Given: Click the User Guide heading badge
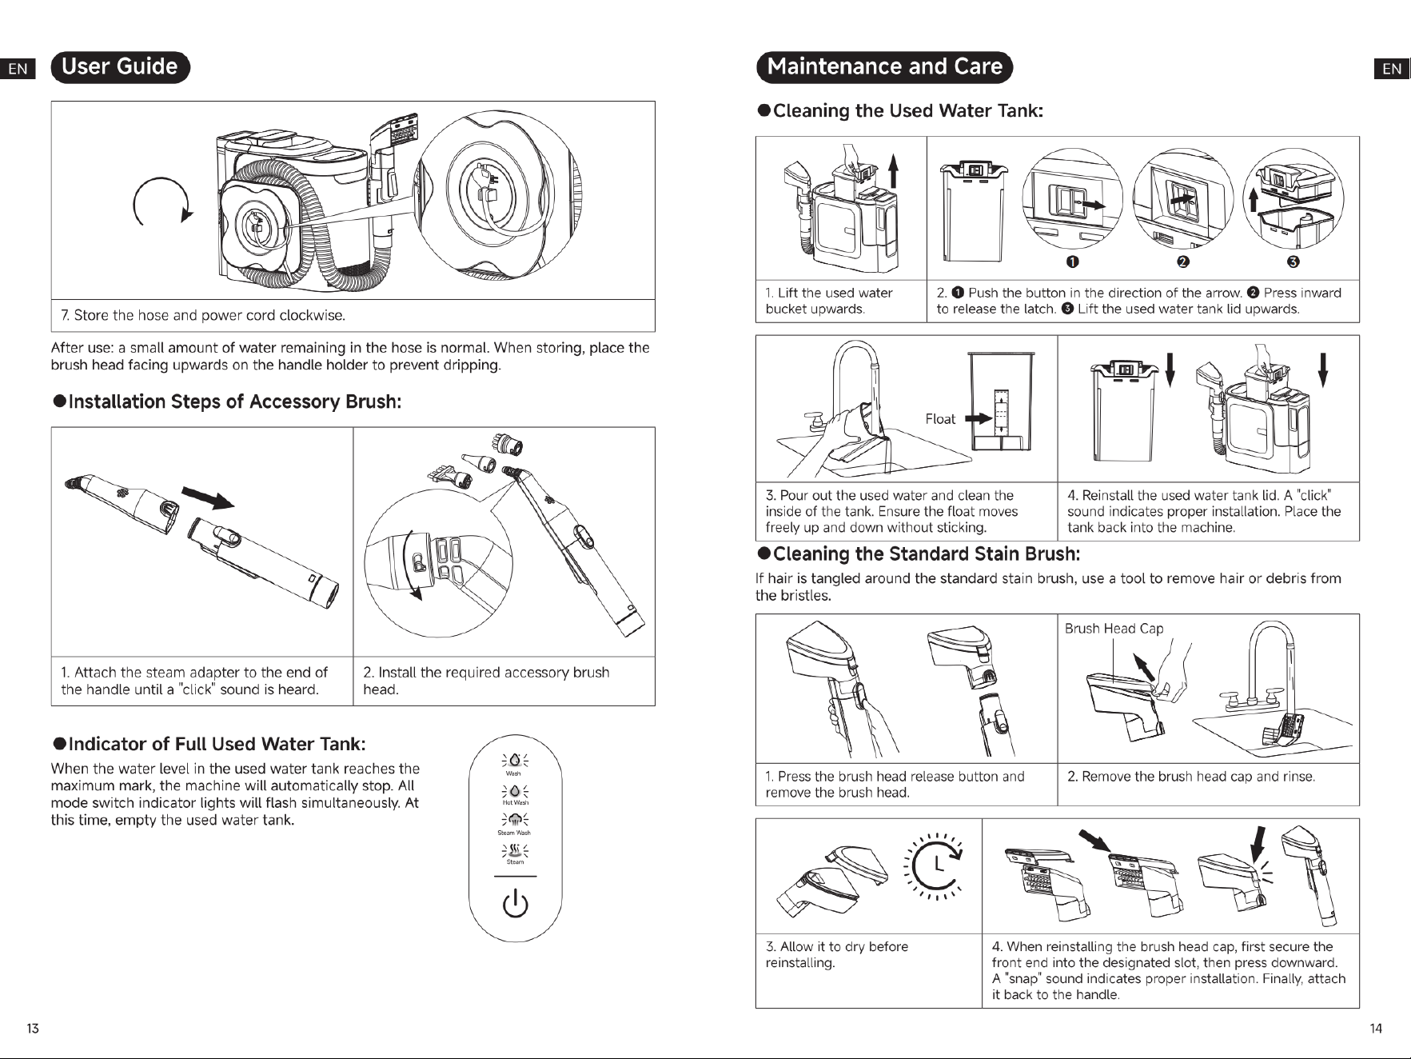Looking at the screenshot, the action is pos(120,67).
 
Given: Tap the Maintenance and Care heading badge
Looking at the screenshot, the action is pos(884,67).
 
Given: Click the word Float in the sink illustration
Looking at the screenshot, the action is pos(940,419).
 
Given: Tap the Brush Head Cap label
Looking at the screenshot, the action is pos(1114,629).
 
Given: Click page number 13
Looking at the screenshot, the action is pos(33,1029).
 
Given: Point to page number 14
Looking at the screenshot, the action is pos(1376,1029).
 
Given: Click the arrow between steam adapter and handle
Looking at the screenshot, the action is pos(209,498).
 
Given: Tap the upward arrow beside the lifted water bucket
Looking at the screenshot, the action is pos(893,175).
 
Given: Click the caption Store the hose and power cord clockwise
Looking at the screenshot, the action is pos(203,315).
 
